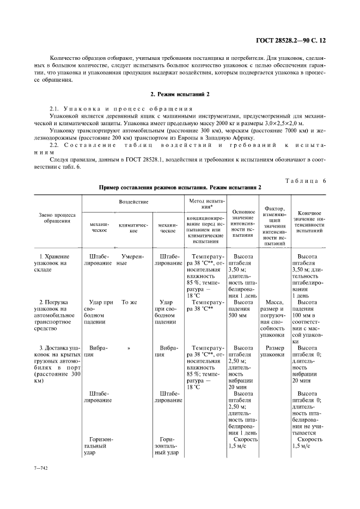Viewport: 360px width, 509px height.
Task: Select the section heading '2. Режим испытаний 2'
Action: click(x=180, y=94)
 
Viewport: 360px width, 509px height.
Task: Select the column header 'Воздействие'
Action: click(x=133, y=201)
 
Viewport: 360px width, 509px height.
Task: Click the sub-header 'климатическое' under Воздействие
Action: click(x=133, y=228)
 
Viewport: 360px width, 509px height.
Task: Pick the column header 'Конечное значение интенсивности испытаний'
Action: click(x=309, y=222)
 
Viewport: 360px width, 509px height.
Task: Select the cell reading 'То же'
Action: click(x=129, y=302)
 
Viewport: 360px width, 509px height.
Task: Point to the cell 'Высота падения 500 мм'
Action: click(x=243, y=308)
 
